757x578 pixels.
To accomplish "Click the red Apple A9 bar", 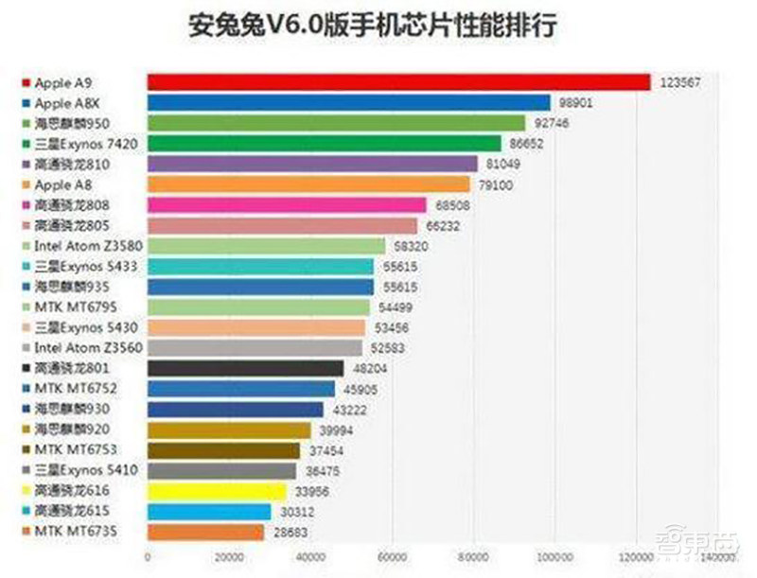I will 398,82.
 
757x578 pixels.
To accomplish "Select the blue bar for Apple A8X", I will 348,102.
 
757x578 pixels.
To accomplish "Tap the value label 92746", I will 554,123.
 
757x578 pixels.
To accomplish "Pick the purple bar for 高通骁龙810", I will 311,164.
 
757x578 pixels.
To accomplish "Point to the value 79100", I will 495,185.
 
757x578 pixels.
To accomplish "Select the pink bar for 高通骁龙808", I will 287,204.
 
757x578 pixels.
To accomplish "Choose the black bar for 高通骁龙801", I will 245,369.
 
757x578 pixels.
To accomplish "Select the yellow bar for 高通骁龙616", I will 216,491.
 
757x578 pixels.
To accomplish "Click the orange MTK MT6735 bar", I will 205,533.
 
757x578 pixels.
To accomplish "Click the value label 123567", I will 679,83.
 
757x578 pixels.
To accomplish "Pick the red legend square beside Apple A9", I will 26,82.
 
